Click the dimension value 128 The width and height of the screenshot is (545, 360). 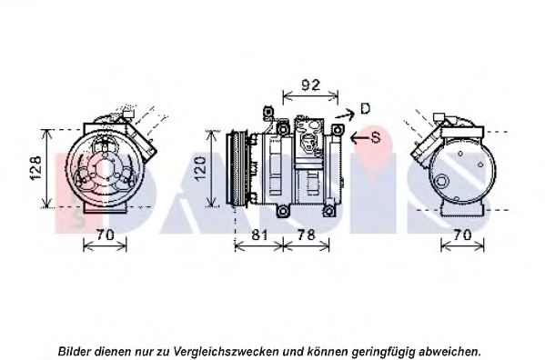click(x=35, y=168)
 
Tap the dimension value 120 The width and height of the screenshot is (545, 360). click(x=200, y=168)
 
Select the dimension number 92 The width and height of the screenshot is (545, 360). click(x=310, y=85)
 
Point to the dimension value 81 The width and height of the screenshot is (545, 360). click(x=259, y=235)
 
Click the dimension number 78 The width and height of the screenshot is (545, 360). click(x=307, y=235)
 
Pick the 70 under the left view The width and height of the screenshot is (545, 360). click(x=105, y=235)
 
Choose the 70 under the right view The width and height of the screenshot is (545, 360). click(x=462, y=235)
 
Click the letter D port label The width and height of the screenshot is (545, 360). click(x=365, y=109)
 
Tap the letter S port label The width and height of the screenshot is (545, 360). click(x=376, y=138)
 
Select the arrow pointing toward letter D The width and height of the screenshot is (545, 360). click(x=345, y=115)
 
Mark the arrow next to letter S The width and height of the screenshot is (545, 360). click(x=359, y=138)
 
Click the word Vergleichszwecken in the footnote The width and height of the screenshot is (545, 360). click(x=226, y=351)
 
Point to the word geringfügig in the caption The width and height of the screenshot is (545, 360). click(x=383, y=351)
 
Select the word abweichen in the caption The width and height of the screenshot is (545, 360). click(x=449, y=351)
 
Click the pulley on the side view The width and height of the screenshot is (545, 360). click(x=236, y=168)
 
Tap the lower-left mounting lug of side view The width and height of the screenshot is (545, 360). click(x=283, y=211)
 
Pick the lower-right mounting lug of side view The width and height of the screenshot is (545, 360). click(x=328, y=211)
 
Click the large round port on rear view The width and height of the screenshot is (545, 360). click(x=441, y=182)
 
